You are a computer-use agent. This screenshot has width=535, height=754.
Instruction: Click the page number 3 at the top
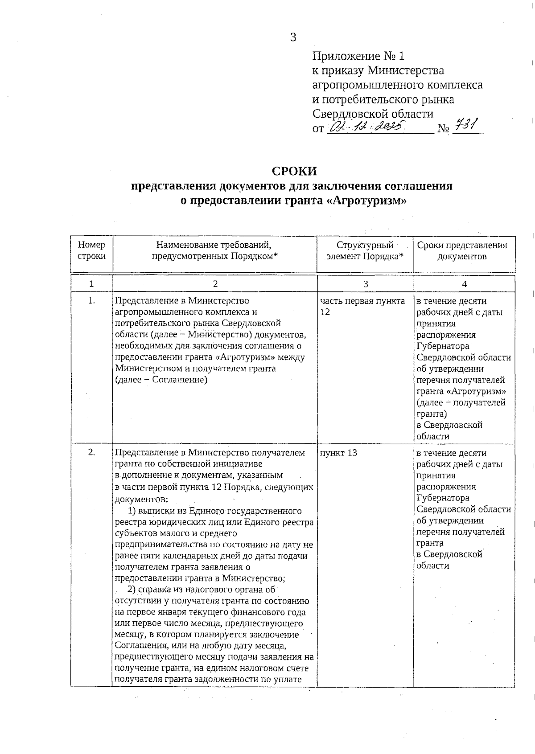coord(293,37)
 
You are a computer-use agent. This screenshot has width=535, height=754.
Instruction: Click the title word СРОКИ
coord(294,171)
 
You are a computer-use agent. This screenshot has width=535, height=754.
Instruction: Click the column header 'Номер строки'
coord(91,250)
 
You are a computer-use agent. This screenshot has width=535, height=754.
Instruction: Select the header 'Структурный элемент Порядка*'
coord(365,250)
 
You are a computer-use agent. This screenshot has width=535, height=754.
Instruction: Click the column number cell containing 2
coord(215,284)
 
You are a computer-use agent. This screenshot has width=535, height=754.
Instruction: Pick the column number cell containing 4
coord(464,284)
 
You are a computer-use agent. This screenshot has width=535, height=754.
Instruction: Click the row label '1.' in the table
coord(91,301)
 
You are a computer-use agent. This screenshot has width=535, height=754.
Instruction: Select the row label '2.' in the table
coord(91,453)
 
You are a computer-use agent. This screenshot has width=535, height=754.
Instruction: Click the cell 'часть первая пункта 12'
coord(362,306)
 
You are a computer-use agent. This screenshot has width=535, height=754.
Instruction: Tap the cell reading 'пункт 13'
coord(338,453)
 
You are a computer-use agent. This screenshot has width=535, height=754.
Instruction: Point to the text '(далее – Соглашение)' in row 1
coord(161,380)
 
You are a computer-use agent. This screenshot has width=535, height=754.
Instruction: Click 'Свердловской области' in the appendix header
coord(372,113)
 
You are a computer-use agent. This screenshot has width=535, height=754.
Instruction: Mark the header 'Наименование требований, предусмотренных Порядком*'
coord(214,250)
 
